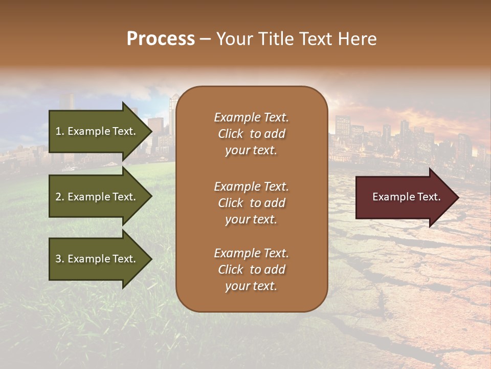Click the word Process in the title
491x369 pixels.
click(161, 39)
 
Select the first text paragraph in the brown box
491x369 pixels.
click(251, 134)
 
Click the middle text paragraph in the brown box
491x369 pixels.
click(251, 203)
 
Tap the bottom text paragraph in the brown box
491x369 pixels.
click(251, 270)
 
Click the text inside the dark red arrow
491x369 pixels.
click(406, 197)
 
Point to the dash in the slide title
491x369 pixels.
click(205, 39)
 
